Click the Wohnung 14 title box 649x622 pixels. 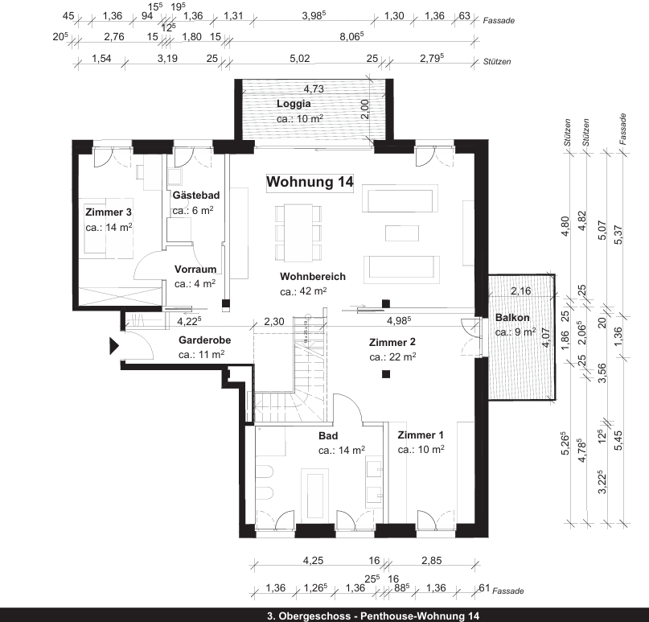click(x=310, y=183)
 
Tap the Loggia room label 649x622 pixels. click(x=294, y=104)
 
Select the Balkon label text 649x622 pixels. click(x=511, y=317)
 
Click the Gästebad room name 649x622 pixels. click(x=196, y=196)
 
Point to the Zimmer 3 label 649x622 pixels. click(x=109, y=212)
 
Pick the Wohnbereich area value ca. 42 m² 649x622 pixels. click(x=303, y=292)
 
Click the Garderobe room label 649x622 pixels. click(x=205, y=340)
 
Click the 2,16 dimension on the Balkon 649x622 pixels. click(x=521, y=290)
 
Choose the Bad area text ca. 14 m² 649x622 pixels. click(x=342, y=451)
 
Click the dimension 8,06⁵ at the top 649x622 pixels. click(x=352, y=36)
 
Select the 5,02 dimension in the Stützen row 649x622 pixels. click(x=299, y=59)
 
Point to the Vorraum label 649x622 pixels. click(x=195, y=270)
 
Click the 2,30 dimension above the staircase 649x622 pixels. click(x=274, y=321)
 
